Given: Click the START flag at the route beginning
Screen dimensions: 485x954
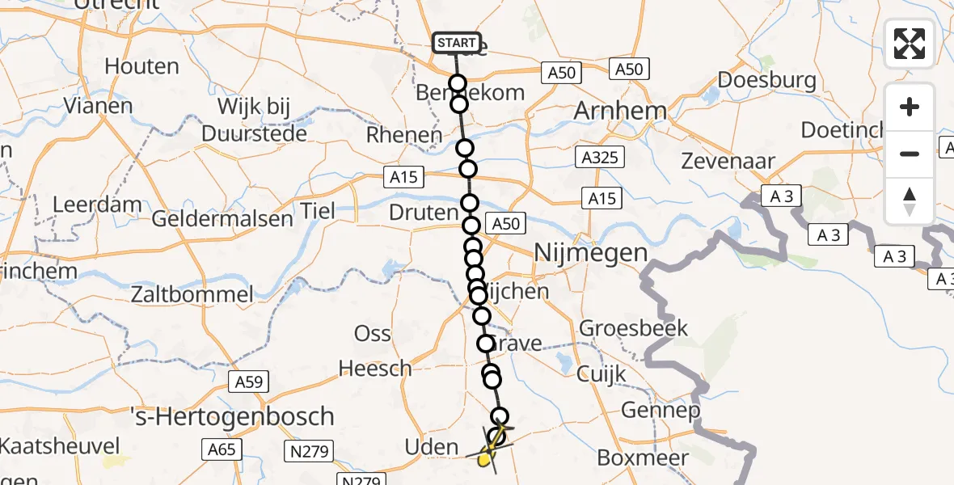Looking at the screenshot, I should click(x=457, y=42).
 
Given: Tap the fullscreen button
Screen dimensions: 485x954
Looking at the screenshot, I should click(x=910, y=44).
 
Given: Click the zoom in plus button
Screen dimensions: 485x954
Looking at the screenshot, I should click(x=910, y=107).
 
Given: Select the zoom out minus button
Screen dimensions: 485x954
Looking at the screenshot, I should click(x=910, y=154).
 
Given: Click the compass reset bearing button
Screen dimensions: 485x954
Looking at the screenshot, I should click(x=910, y=200).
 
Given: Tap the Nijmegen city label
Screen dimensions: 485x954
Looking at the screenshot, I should click(x=591, y=254).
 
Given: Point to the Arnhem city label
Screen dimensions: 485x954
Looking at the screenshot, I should click(x=620, y=112).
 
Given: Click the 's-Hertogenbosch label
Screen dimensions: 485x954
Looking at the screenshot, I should click(x=233, y=416).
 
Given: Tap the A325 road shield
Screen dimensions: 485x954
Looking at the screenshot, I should click(x=600, y=156).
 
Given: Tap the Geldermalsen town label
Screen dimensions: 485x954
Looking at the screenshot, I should click(x=222, y=218).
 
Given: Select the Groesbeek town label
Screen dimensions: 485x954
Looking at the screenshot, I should click(x=633, y=328).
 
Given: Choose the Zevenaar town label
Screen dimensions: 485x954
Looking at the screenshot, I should click(x=728, y=162).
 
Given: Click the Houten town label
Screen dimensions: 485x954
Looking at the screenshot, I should click(x=141, y=66).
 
